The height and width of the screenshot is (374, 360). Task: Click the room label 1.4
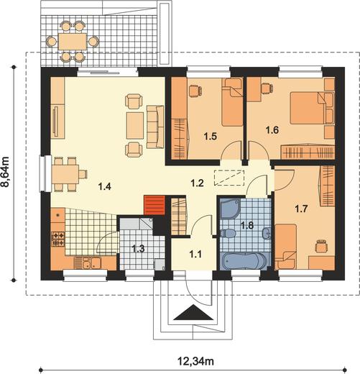pyautogui.click(x=105, y=186)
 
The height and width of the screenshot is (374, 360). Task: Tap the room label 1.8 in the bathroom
pyautogui.click(x=247, y=226)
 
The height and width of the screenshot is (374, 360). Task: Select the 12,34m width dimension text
pyautogui.click(x=195, y=361)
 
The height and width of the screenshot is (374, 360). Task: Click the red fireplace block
pyautogui.click(x=154, y=205)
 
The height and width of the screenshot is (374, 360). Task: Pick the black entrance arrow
pyautogui.click(x=193, y=313)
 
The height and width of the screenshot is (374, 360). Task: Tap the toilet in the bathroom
pyautogui.click(x=228, y=233)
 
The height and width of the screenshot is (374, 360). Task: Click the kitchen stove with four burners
pyautogui.click(x=58, y=239)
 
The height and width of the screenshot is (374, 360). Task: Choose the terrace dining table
pyautogui.click(x=73, y=41)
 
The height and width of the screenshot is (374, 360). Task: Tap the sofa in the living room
pyautogui.click(x=155, y=127)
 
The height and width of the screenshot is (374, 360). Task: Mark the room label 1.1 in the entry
pyautogui.click(x=195, y=255)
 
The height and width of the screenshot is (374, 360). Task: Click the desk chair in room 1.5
pyautogui.click(x=195, y=91)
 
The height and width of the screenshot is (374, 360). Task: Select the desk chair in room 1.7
pyautogui.click(x=321, y=246)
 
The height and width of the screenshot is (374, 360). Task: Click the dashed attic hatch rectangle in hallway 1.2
pyautogui.click(x=229, y=178)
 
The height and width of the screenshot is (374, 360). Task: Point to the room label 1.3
pyautogui.click(x=139, y=249)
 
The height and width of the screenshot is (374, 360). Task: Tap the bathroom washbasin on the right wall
pyautogui.click(x=267, y=233)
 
